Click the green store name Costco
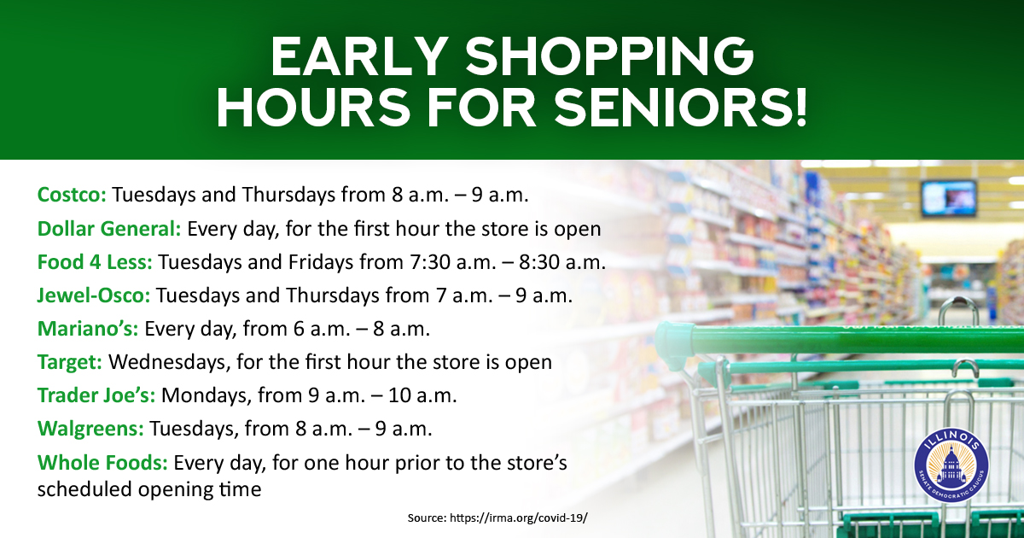[72, 195]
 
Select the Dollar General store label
[109, 228]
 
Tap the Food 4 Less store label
[95, 262]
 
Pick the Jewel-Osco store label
[94, 295]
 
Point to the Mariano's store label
[88, 329]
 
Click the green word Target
[70, 362]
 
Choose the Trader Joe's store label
[96, 395]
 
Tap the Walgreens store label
[90, 429]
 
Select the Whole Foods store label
[102, 462]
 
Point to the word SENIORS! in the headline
[680, 108]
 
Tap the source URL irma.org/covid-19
[519, 518]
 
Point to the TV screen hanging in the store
[949, 198]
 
